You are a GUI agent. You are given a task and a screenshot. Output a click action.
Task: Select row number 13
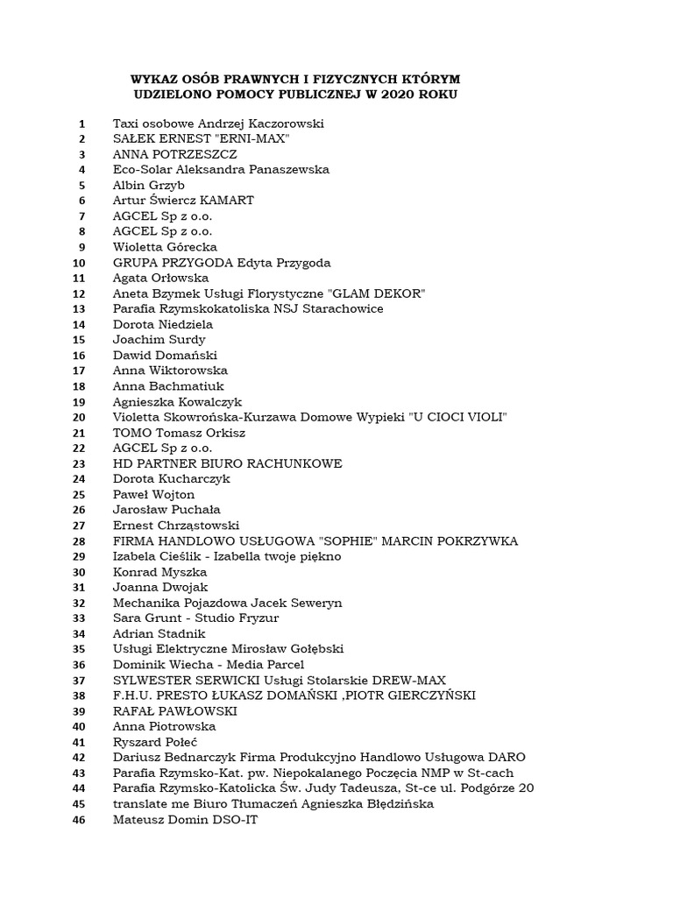[80, 308]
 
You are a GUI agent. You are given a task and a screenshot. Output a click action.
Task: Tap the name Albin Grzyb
[149, 185]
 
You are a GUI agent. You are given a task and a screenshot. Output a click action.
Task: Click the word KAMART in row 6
[227, 201]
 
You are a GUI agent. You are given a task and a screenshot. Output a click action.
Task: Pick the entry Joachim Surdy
[159, 339]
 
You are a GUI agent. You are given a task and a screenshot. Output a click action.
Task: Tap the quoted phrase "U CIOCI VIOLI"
[457, 416]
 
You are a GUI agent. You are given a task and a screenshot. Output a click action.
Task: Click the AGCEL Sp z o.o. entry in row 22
[163, 447]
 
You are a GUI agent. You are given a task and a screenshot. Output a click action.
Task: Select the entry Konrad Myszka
[159, 571]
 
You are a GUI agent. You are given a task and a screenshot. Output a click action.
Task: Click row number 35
[80, 648]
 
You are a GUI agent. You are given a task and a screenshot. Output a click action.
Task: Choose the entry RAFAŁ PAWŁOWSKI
[175, 710]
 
